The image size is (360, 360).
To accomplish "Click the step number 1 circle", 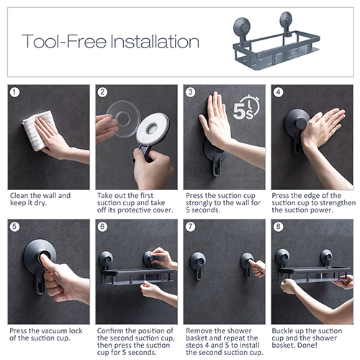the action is pos(14,92).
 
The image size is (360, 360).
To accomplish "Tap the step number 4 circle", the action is pos(278,92).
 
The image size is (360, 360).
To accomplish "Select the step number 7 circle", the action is pos(190,227).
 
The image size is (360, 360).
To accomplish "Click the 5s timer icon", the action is pos(246,107).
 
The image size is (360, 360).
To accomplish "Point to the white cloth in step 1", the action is pos(36,131).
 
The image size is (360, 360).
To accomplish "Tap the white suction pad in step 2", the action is pos(153,128).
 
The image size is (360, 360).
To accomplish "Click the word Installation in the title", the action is pos(155,41).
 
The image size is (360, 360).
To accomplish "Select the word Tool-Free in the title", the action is pos(64,41).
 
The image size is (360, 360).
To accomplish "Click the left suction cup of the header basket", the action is pos(242,27).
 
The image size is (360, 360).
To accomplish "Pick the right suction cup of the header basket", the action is pos(286,19).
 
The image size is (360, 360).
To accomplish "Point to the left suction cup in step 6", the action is pos(106,259).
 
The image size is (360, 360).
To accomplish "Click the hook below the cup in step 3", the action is pos(217,166).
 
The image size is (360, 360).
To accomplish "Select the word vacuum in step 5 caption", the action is pos(55,331).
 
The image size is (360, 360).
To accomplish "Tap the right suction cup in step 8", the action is pos(326,256).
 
